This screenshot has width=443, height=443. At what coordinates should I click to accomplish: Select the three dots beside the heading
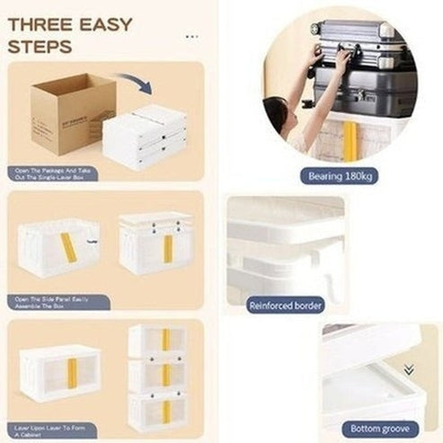click(x=191, y=37)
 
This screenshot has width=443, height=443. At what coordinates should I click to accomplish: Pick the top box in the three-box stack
click(x=159, y=340)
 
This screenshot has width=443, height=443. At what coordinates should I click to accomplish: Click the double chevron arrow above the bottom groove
click(x=409, y=369)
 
